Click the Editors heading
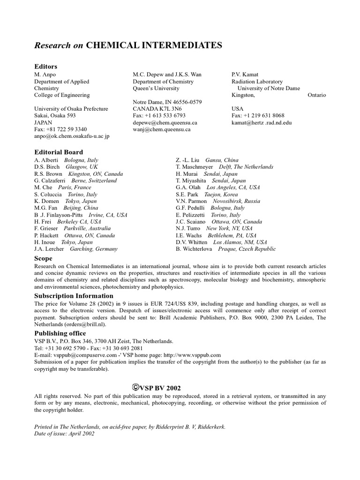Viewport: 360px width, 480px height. [x=45, y=67]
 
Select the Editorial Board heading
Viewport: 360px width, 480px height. [x=59, y=152]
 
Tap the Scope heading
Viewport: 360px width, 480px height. [x=43, y=258]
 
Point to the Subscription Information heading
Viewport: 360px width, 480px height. [x=74, y=296]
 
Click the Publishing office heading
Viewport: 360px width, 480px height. [x=60, y=333]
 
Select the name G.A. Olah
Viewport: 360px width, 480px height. [x=187, y=187]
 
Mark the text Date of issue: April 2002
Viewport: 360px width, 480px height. [x=65, y=434]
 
